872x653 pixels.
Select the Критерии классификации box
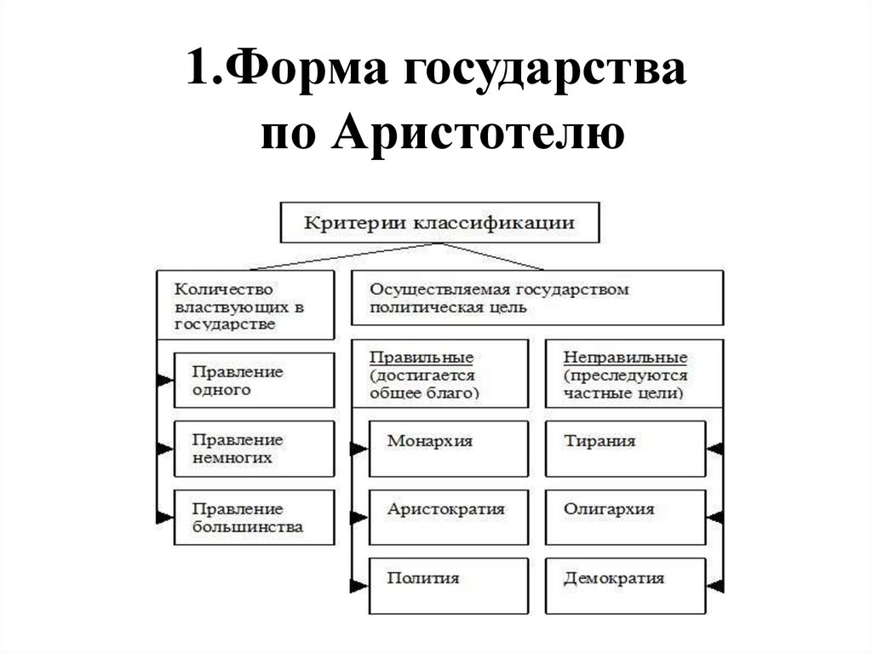pos(439,223)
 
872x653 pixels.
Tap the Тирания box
pos(624,448)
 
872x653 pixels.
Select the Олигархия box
pos(624,517)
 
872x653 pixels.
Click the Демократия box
pos(624,585)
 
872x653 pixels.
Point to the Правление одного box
pos(253,381)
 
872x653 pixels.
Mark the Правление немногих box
pos(253,449)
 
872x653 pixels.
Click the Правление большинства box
pos(253,518)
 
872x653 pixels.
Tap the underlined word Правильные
pos(422,357)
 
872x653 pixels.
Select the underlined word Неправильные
pos(625,357)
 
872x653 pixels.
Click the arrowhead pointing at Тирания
pos(715,448)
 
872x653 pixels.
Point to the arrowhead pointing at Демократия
pos(715,585)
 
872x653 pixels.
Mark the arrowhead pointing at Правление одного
pos(164,381)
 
